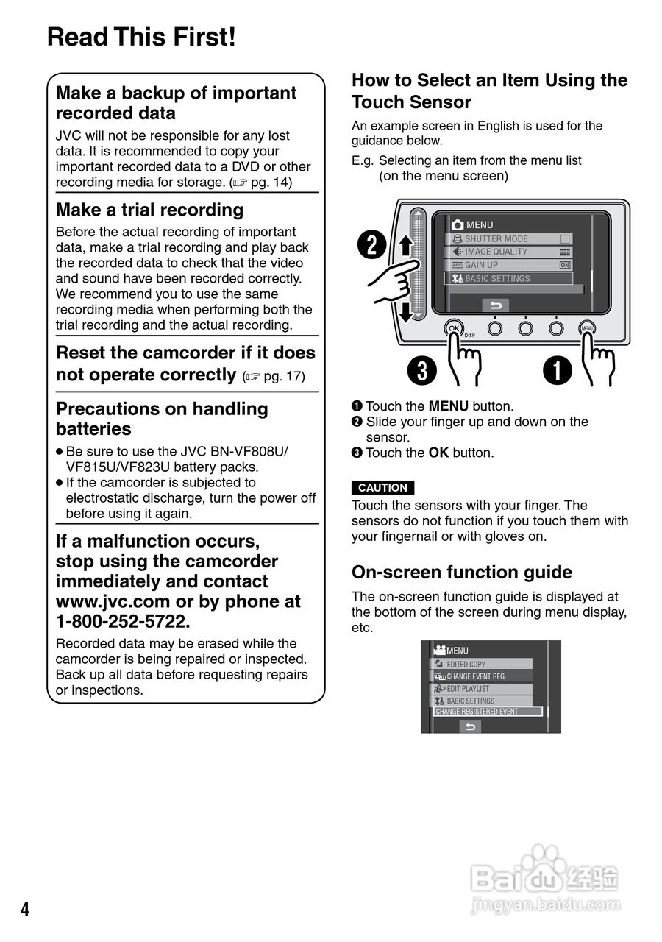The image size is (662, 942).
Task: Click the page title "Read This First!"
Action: coord(141,37)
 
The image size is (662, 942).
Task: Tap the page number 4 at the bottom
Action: coord(25,910)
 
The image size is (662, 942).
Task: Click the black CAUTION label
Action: coord(382,488)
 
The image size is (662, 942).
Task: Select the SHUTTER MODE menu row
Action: coord(508,239)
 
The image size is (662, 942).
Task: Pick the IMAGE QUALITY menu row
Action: coord(508,252)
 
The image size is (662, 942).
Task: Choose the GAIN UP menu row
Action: coord(508,265)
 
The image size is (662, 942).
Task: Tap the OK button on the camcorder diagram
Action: coord(454,328)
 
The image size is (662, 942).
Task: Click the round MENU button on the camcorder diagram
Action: coord(586,328)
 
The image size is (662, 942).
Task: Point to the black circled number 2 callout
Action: coord(371,245)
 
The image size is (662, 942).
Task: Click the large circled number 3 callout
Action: coord(422,371)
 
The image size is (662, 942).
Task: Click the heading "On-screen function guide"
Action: coord(461,573)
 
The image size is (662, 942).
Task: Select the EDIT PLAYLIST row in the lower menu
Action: coord(481,689)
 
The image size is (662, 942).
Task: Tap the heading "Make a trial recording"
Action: coord(149,210)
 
